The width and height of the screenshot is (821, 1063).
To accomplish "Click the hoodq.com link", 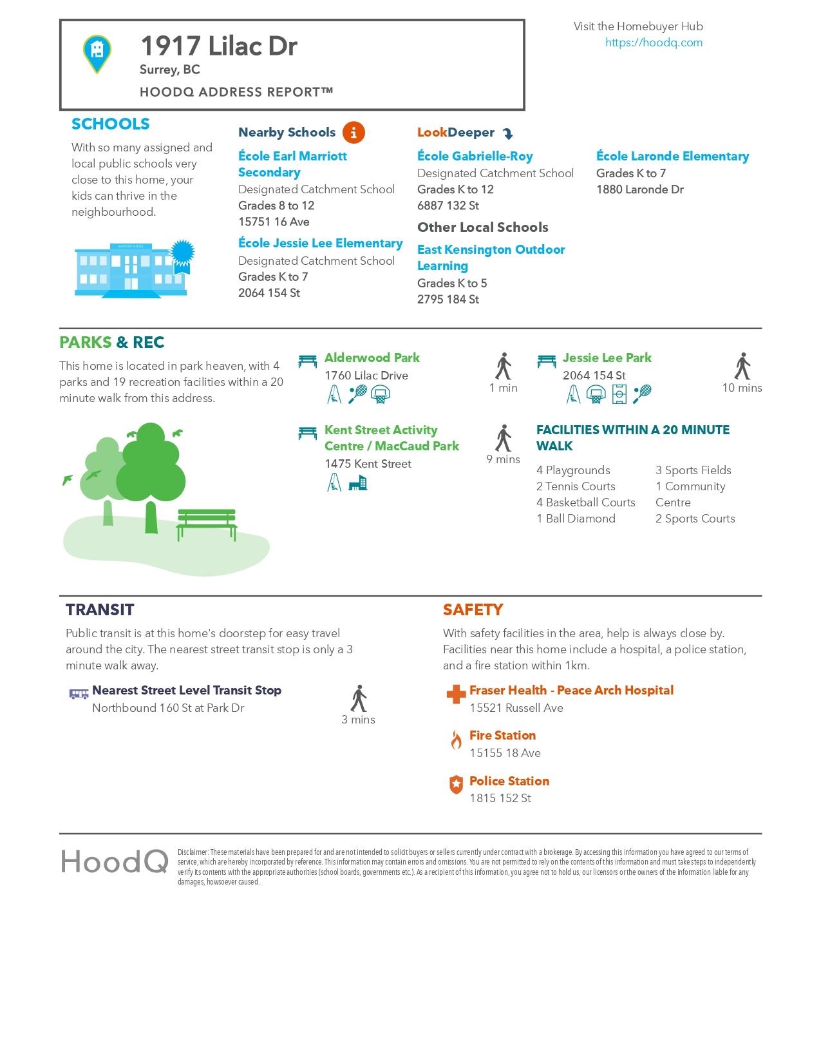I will click(654, 43).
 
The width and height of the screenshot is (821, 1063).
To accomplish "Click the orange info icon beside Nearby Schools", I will click(354, 132).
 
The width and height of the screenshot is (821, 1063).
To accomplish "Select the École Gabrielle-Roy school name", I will click(475, 156).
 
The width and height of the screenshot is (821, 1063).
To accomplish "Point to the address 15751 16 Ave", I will click(274, 222).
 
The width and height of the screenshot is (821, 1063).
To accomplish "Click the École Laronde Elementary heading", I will click(672, 156).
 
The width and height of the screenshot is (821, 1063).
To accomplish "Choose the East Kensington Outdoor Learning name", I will click(491, 257).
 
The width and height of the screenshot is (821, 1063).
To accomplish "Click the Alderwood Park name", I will click(372, 358).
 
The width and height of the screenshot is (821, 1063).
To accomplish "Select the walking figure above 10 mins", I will click(742, 367).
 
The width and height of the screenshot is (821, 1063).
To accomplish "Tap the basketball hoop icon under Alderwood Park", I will click(381, 394).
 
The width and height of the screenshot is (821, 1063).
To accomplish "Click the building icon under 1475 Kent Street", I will click(357, 483).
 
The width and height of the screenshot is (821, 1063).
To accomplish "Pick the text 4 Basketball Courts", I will click(585, 503).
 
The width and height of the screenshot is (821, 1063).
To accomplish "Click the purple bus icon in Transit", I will click(79, 693).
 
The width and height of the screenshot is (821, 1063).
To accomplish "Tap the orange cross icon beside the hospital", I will click(456, 694).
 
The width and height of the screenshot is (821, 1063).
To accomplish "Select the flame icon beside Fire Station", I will click(456, 740).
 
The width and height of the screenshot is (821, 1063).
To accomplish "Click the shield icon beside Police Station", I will click(456, 785).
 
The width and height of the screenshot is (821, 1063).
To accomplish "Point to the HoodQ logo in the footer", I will click(115, 861).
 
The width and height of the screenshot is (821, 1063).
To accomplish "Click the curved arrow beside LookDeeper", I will click(507, 133).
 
